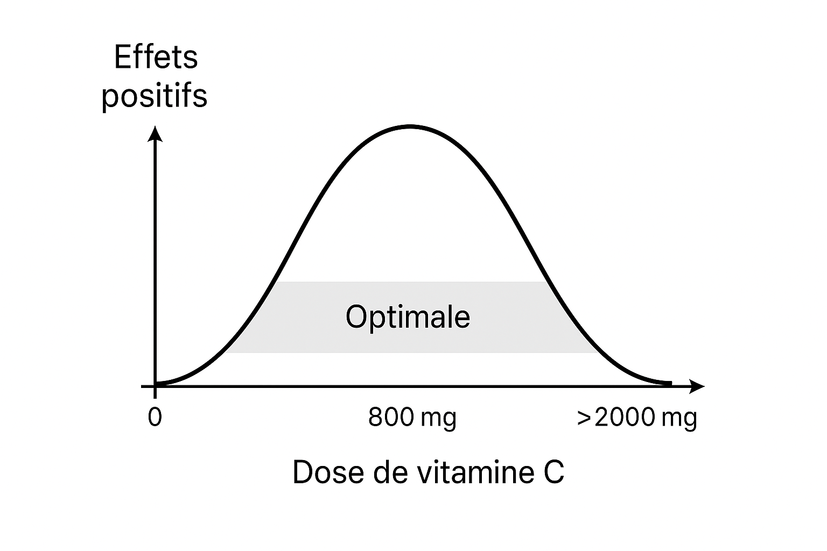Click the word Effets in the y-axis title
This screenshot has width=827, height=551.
point(156,58)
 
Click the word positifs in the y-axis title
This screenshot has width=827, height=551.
point(155,97)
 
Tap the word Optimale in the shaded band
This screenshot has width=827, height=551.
point(408,317)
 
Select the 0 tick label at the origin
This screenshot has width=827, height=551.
point(155,418)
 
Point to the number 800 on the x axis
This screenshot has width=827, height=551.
point(391,418)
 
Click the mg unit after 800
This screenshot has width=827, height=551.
point(440,419)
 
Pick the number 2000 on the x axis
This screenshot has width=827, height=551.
point(625,418)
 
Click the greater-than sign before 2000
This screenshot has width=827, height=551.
point(584,418)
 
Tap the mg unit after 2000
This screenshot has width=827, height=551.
point(680,419)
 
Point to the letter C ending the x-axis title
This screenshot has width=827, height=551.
point(553,472)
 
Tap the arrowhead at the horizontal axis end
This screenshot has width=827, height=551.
point(698,386)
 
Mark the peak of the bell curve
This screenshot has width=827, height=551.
point(410,126)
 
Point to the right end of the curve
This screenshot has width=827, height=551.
point(670,383)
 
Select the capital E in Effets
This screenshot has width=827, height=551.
point(123,58)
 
